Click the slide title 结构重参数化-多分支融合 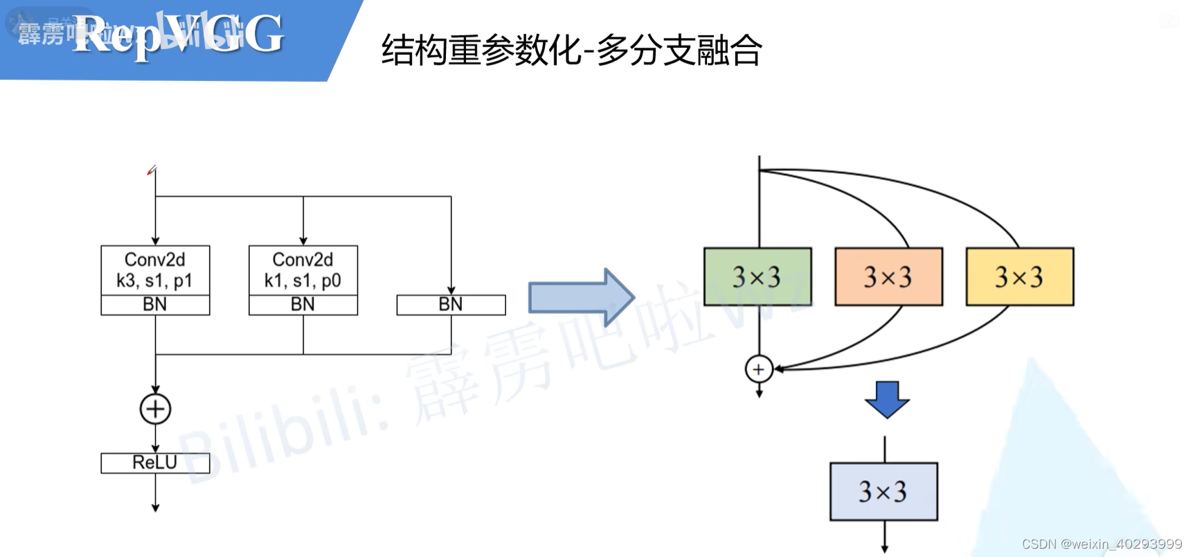click(x=571, y=50)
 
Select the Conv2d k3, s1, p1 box click(x=155, y=270)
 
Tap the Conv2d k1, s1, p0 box click(x=303, y=270)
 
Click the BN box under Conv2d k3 click(x=155, y=305)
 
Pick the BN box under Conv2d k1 click(x=303, y=305)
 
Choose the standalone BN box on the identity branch click(x=451, y=305)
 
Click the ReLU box click(x=155, y=463)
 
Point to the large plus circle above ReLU click(x=155, y=409)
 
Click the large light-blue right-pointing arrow click(x=580, y=297)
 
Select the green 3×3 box click(x=757, y=276)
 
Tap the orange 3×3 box click(x=888, y=276)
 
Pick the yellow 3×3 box click(x=1019, y=276)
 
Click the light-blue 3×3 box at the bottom click(x=883, y=491)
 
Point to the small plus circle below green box click(x=759, y=369)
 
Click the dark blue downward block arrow click(x=886, y=399)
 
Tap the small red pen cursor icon click(x=152, y=170)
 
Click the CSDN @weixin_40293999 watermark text click(x=1102, y=544)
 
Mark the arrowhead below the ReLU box click(x=155, y=508)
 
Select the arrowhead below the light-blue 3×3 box click(x=884, y=549)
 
